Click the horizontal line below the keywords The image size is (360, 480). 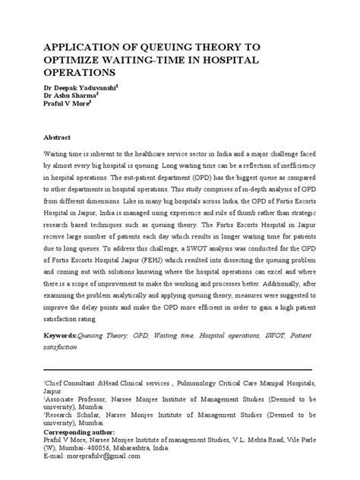(179, 363)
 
